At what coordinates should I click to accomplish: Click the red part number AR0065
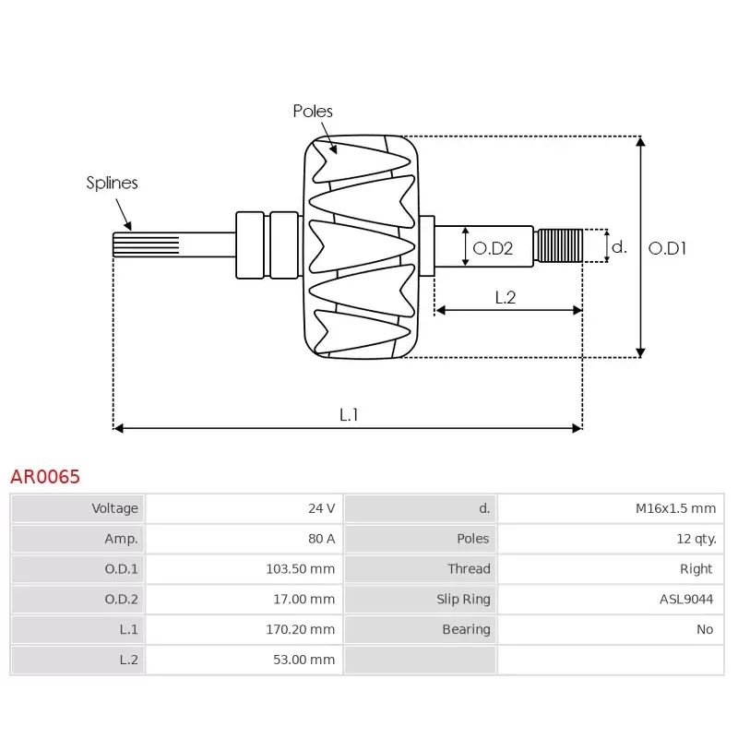click(x=45, y=477)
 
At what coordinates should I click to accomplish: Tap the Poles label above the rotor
click(x=313, y=111)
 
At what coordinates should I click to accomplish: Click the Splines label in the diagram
click(x=112, y=183)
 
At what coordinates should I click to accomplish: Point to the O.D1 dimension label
click(x=667, y=248)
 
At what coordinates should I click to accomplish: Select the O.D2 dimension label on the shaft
click(x=492, y=248)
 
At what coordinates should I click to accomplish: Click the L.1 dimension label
click(x=348, y=415)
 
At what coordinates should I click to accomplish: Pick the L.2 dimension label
click(x=505, y=297)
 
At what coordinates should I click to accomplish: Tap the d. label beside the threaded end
click(x=619, y=247)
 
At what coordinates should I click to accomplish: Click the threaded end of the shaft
click(x=559, y=245)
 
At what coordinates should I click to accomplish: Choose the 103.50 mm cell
click(x=300, y=569)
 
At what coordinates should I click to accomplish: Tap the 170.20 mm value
click(x=300, y=629)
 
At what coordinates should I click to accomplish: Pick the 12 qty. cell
click(x=696, y=539)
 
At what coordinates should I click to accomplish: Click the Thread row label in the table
click(x=469, y=569)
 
